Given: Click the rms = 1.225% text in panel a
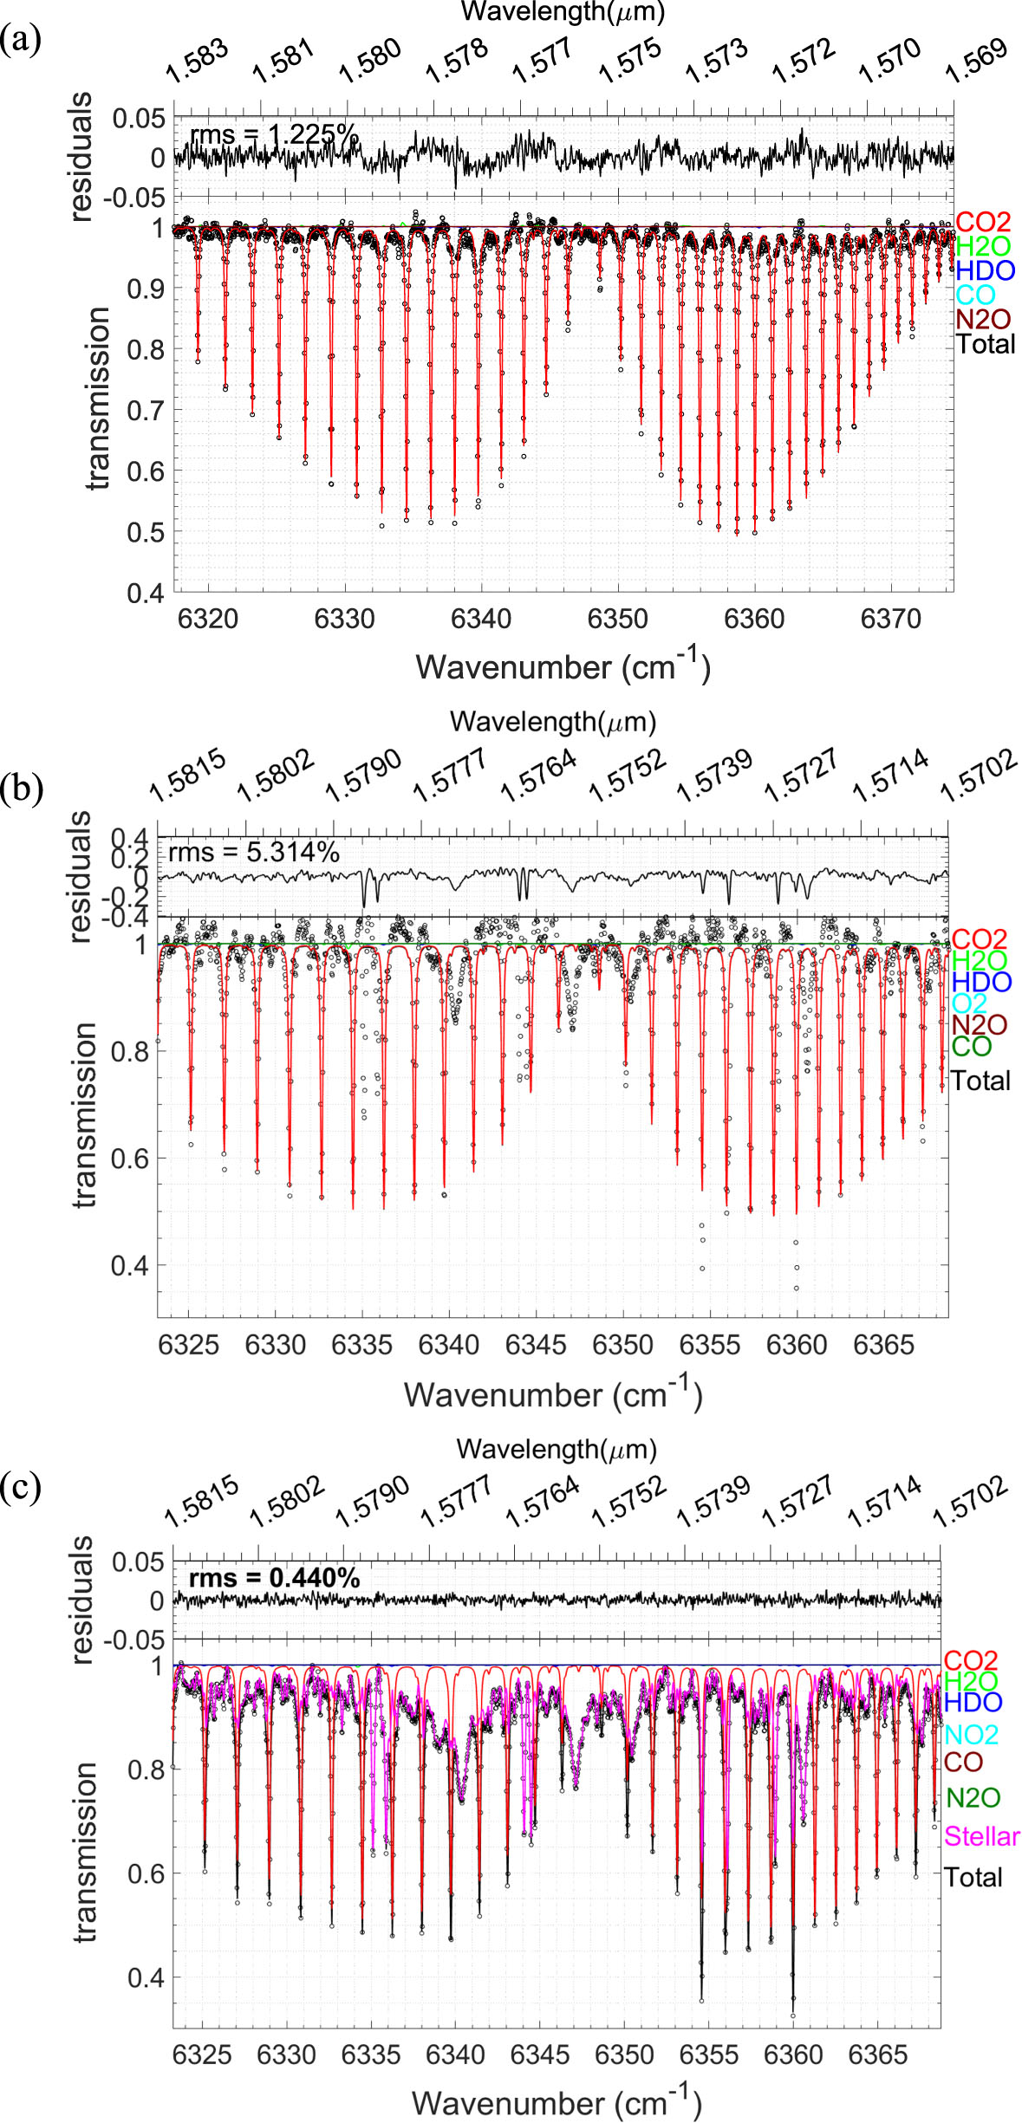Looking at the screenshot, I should coord(274,135).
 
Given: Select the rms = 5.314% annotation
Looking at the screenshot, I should coord(253,853).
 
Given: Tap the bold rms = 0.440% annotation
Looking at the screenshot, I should coord(274,1578).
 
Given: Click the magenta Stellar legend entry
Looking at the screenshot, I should coord(981,1836).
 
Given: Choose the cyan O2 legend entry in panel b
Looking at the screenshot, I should coord(968,1003).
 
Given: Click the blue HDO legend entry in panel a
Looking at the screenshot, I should coord(985,271).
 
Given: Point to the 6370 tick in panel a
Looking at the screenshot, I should coord(891,620).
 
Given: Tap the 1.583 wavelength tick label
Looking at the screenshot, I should coord(198,61).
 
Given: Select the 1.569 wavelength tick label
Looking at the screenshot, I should coord(977,61).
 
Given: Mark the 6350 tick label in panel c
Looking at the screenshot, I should coord(624,2055).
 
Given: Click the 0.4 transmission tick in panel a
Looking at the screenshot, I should coord(146,594).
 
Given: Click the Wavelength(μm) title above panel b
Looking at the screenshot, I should coord(552,721).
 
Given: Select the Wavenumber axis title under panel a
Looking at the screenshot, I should coord(563,667).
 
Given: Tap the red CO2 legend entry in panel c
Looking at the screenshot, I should coord(970,1660).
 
